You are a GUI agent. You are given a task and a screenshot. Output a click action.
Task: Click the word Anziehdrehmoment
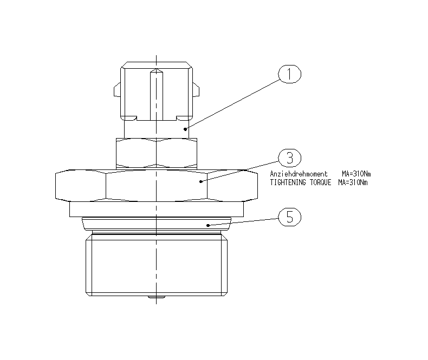tap(299, 174)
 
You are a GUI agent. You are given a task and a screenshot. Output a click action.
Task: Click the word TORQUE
tap(320, 182)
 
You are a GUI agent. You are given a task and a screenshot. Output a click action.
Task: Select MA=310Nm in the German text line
tap(356, 174)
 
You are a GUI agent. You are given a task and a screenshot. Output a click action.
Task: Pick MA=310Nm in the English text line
tap(353, 182)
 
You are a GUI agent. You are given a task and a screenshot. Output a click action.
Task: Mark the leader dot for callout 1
tap(185, 129)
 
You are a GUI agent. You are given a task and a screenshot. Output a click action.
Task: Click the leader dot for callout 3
tap(201, 182)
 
